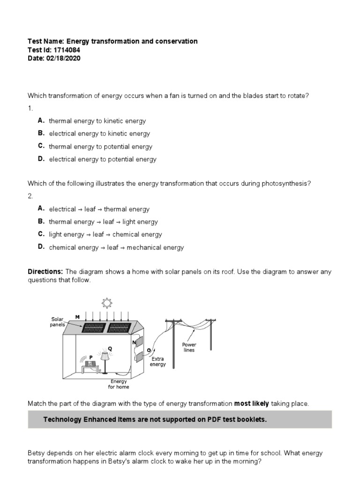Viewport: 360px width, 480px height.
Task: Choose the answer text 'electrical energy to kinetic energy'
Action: [99, 134]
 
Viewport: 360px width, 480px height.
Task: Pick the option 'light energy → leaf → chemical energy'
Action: [105, 234]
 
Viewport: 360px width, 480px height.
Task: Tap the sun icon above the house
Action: [107, 303]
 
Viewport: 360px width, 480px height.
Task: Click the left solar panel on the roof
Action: [93, 327]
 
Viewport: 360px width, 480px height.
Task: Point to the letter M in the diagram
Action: [77, 317]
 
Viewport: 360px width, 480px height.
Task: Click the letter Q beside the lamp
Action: [110, 348]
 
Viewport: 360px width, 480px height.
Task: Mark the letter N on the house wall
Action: [134, 343]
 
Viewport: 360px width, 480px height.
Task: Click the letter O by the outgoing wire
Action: [149, 350]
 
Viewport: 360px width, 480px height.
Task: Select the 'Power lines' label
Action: [189, 347]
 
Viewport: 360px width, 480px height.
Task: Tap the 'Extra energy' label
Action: [157, 361]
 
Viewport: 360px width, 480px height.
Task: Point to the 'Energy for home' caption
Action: [119, 384]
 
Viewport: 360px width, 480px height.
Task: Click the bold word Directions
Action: [45, 272]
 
